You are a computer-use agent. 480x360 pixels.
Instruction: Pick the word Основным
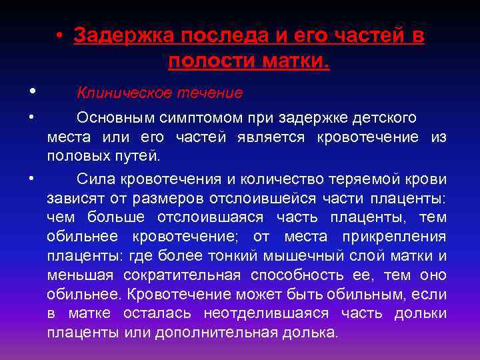click(x=115, y=118)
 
